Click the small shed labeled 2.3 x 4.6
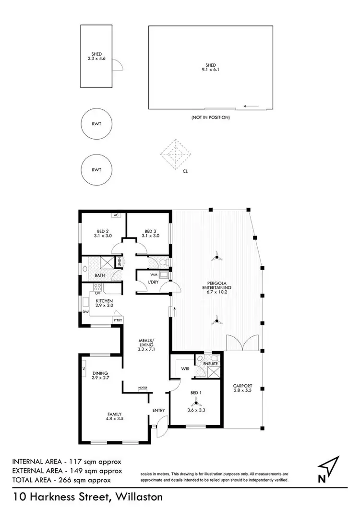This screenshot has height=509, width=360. [96, 57]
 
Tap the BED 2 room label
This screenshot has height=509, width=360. [102, 233]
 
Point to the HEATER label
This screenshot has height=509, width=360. [143, 388]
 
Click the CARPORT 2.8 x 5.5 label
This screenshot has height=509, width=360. [242, 388]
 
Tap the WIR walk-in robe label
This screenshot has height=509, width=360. [185, 369]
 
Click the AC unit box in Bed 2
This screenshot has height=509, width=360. [116, 215]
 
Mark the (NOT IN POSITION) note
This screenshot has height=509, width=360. [210, 117]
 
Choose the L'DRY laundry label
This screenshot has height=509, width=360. [153, 282]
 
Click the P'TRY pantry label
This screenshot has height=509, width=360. [116, 320]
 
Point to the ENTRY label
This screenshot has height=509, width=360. [158, 410]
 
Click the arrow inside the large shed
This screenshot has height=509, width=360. [251, 106]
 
